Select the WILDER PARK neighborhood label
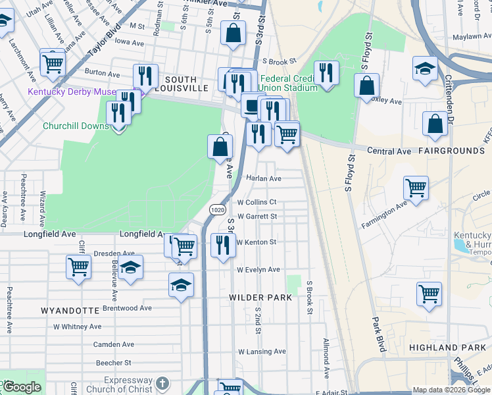coord(260,298)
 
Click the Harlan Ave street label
coord(264,178)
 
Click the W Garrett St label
coord(257,216)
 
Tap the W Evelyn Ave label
coord(258,270)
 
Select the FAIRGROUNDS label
coord(454,151)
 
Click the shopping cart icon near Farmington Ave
coord(416,187)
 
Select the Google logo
coord(22,387)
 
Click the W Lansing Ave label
coord(261,352)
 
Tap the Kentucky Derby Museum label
coord(71,92)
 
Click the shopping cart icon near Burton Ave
coord(52,63)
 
